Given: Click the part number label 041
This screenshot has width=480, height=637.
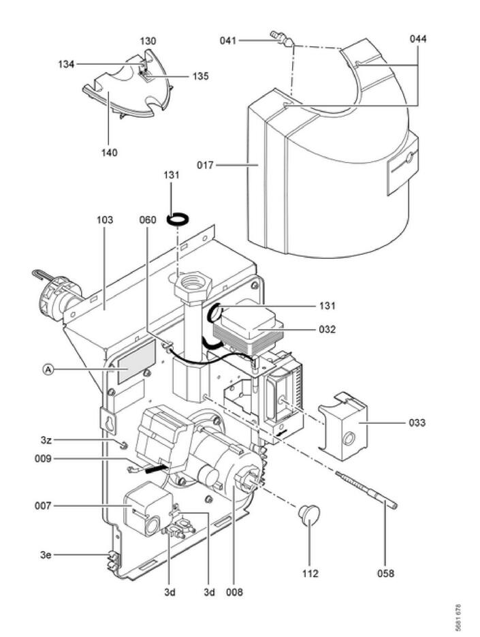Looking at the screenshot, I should tap(228, 40).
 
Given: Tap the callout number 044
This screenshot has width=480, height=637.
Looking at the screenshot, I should tap(419, 39).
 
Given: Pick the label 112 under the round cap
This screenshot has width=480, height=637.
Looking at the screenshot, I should tap(310, 574).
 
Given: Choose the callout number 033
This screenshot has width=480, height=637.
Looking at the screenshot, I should tap(417, 423).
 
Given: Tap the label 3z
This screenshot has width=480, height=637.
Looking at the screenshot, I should tap(46, 441).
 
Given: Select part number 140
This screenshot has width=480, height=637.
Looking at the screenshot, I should tap(109, 153).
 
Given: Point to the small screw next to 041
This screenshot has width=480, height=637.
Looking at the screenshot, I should tap(281, 37).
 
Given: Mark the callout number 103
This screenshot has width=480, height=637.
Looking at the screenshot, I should tap(105, 221).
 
